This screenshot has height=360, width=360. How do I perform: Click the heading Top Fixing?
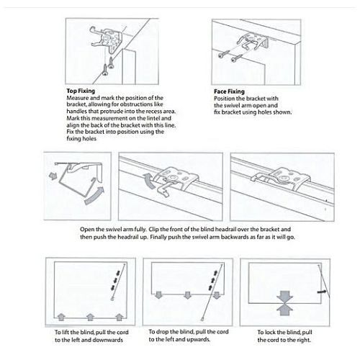click(x=81, y=91)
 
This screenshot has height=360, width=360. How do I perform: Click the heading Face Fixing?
click(x=229, y=91)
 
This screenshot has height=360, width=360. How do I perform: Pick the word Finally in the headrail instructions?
click(x=158, y=237)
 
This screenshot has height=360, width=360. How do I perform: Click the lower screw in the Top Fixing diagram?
click(x=105, y=70)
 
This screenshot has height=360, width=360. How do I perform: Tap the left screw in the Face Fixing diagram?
click(x=223, y=55)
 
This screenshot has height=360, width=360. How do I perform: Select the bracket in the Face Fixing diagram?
click(x=253, y=41)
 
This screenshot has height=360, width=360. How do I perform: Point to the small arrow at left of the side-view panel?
click(x=52, y=176)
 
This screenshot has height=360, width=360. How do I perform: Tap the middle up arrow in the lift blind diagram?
click(x=90, y=317)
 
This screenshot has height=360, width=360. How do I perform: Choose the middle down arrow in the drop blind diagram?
click(x=187, y=295)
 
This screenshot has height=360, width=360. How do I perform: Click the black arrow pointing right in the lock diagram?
click(x=322, y=292)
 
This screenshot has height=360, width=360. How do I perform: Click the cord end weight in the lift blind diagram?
click(x=112, y=299)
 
